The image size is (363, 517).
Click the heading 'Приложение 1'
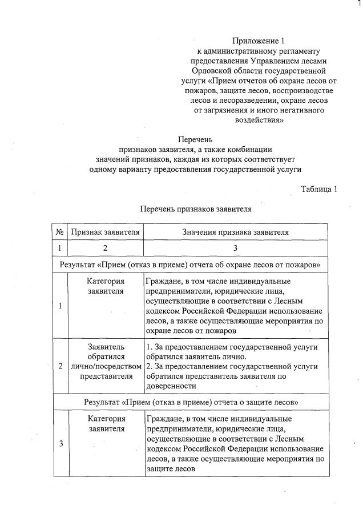(257, 41)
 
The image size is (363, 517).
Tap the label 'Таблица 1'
(319, 189)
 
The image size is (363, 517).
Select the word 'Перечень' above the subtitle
(195, 139)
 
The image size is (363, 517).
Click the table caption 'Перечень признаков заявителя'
(196, 209)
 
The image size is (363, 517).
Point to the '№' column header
(60, 232)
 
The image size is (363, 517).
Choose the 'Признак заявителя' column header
(106, 232)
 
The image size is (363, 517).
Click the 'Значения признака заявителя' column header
(235, 232)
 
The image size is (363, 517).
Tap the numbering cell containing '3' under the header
(235, 248)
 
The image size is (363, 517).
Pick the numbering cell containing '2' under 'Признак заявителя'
(106, 248)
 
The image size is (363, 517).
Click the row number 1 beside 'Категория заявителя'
(60, 306)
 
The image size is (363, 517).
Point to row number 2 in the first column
(60, 366)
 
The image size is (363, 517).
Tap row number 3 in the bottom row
(60, 443)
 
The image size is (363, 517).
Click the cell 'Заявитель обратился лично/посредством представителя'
(106, 362)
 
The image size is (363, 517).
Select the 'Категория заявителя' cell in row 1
(106, 286)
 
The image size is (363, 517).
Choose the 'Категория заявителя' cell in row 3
(106, 423)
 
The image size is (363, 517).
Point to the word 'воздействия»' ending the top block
(258, 120)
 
